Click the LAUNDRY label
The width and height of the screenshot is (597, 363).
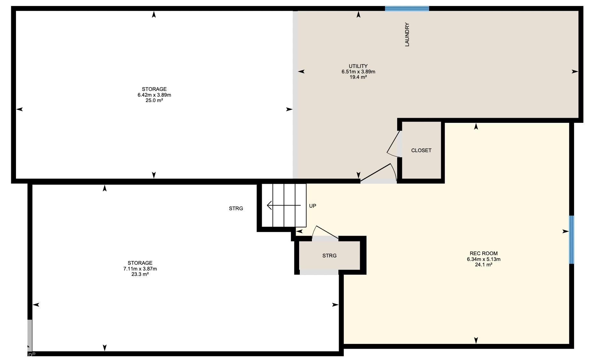click(x=407, y=34)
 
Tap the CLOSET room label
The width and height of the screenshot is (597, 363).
click(x=421, y=150)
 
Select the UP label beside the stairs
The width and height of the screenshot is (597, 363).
click(x=313, y=206)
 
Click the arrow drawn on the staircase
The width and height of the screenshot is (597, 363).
click(x=283, y=205)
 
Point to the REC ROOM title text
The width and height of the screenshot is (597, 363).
click(x=483, y=254)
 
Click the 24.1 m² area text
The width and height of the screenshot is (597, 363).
click(x=483, y=264)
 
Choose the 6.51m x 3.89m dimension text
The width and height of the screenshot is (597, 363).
click(x=358, y=72)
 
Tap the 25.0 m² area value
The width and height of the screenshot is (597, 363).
click(x=154, y=100)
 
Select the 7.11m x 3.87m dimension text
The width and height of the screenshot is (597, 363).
click(x=140, y=269)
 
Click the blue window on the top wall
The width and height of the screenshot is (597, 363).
click(x=407, y=8)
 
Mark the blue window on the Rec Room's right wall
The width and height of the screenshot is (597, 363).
click(x=571, y=240)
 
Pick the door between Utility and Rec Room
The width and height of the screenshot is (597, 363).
click(x=379, y=173)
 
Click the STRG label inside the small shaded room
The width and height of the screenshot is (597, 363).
click(x=329, y=256)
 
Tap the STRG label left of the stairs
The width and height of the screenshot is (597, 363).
click(x=236, y=209)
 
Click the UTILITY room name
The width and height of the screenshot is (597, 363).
click(x=358, y=66)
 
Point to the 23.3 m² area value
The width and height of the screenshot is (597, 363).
click(x=140, y=274)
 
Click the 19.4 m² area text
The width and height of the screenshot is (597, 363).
click(x=358, y=77)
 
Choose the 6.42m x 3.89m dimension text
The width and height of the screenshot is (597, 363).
click(x=154, y=95)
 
